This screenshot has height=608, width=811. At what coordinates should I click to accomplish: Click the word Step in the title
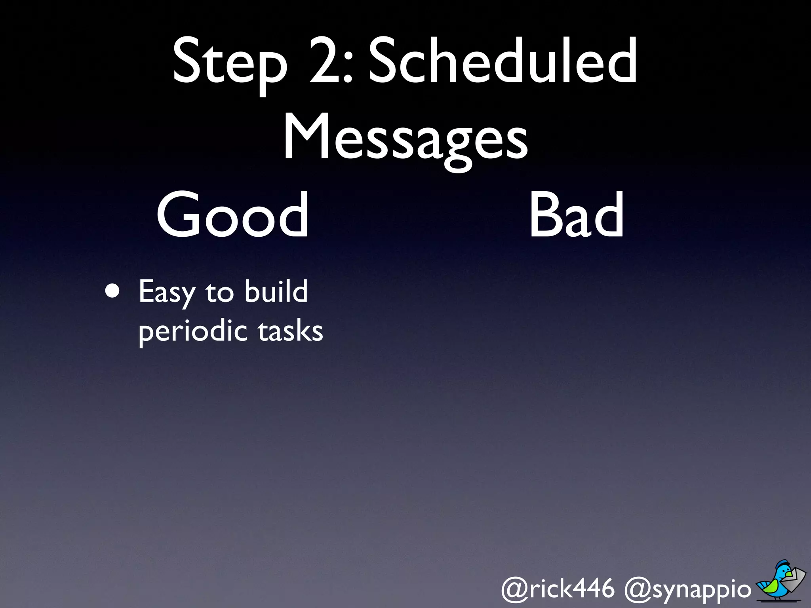[x=230, y=63]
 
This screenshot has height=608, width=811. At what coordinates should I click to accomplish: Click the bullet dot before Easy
[x=112, y=291]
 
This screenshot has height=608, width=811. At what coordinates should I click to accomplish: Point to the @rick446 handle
[x=558, y=588]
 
